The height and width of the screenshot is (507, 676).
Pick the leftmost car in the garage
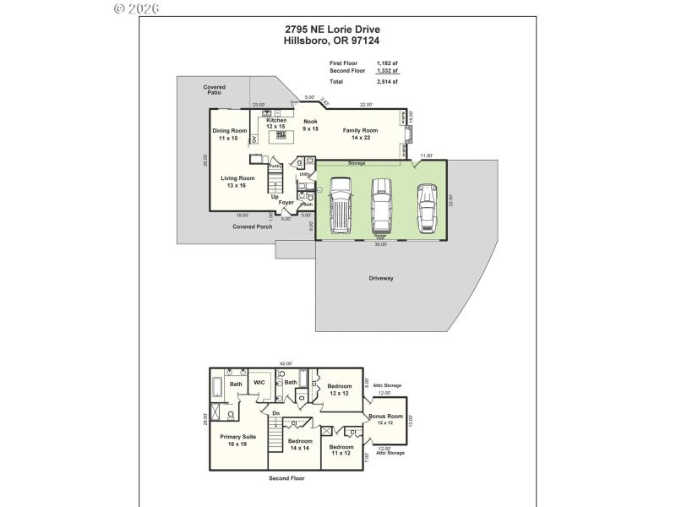[341, 204]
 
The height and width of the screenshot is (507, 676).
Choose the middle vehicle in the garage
[383, 204]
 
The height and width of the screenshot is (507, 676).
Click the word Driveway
[381, 278]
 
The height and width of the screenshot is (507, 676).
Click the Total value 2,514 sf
[388, 82]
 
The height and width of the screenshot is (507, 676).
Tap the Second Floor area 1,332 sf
[388, 71]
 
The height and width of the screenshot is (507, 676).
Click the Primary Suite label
[237, 439]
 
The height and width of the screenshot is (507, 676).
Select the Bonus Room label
[385, 419]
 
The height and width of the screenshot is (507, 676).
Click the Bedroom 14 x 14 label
[300, 444]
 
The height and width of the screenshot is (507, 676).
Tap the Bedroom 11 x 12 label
[341, 450]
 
